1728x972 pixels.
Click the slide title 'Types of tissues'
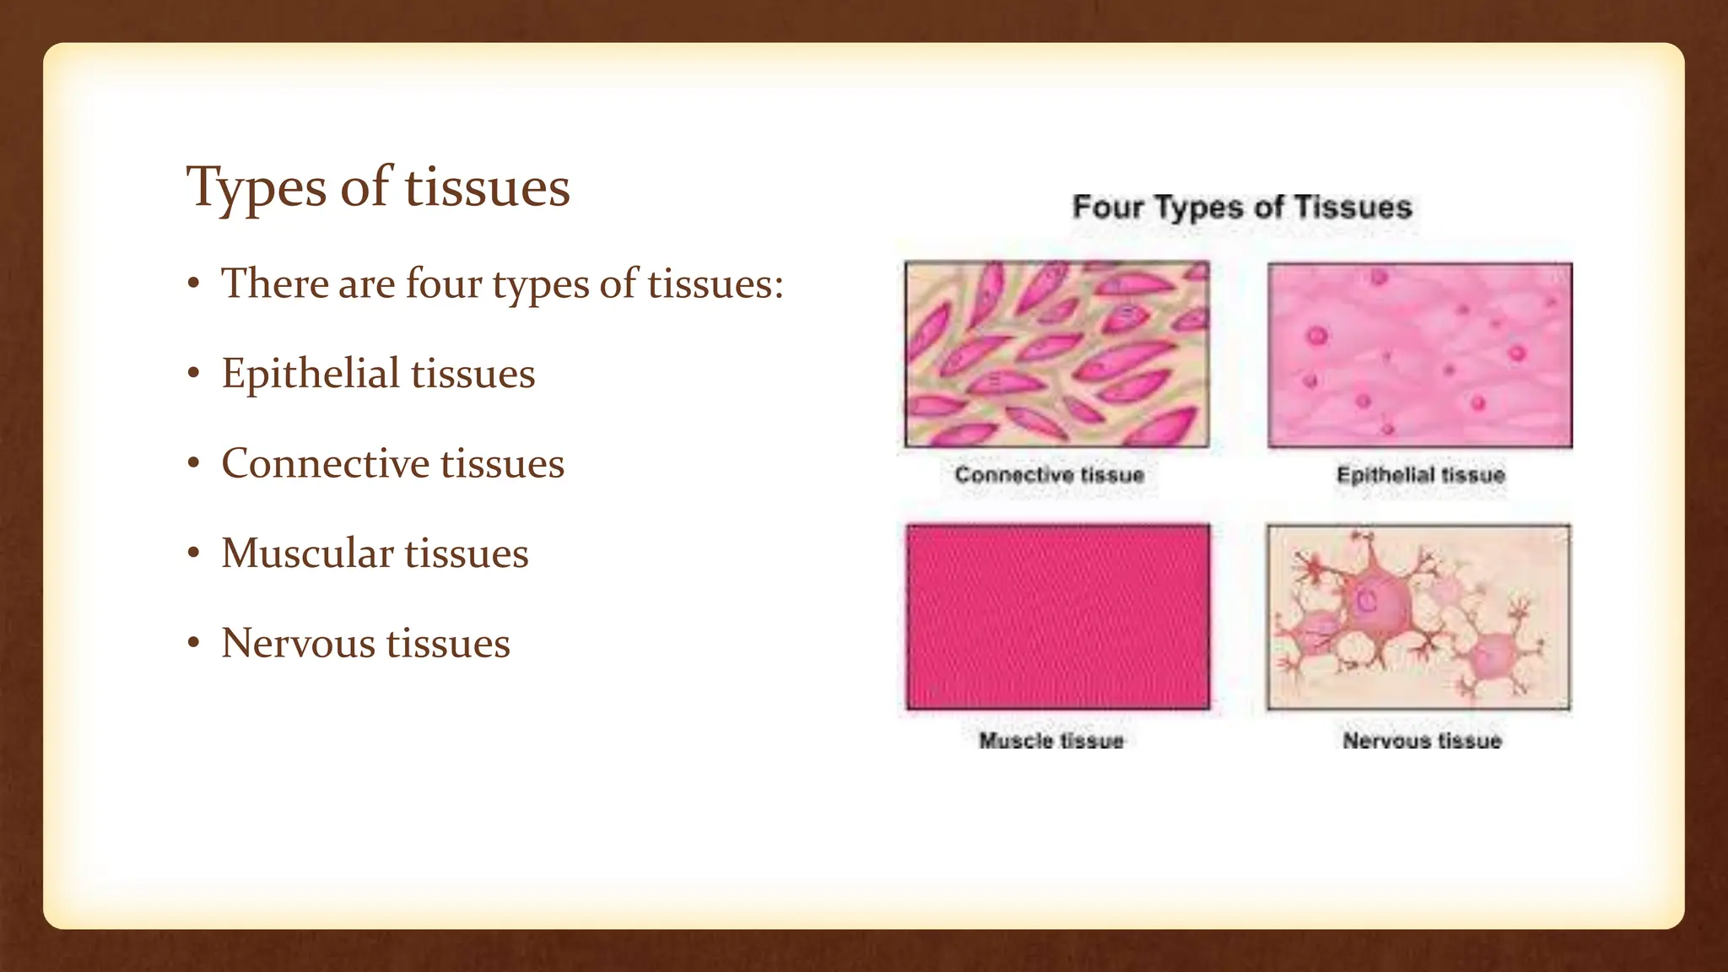378,186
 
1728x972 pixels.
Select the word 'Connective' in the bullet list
325,463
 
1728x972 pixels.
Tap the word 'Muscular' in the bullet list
307,553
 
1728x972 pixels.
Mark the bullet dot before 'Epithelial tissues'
194,373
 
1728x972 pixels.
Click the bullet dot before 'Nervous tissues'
194,644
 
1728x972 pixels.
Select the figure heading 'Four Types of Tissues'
1241,208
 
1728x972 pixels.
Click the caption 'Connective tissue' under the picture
1049,475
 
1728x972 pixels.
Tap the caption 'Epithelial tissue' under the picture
1421,475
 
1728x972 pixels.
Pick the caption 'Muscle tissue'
1051,741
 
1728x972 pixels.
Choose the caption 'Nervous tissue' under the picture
1423,741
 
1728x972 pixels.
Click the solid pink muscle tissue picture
1058,617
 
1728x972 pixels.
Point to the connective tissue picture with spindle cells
1057,354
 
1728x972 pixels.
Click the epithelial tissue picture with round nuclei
1420,354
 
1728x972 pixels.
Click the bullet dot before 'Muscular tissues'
194,553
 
